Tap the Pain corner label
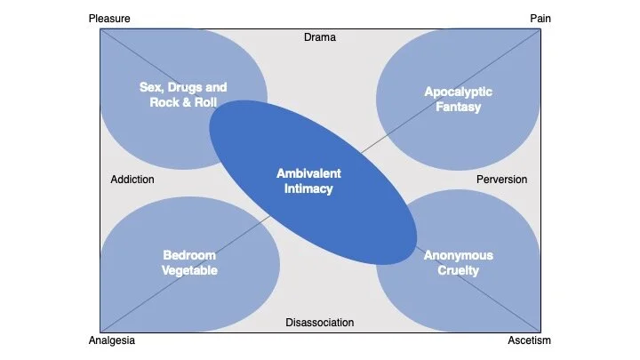click(x=540, y=18)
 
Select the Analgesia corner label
click(x=112, y=340)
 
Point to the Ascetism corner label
click(x=529, y=340)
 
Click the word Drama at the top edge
click(x=320, y=37)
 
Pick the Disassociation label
click(x=320, y=323)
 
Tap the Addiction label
click(x=132, y=180)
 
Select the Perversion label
click(x=501, y=180)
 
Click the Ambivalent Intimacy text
click(x=308, y=180)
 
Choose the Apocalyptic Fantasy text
click(x=458, y=100)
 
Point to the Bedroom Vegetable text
click(x=190, y=263)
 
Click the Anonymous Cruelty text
click(x=458, y=263)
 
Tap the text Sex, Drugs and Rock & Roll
click(x=183, y=94)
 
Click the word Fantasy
click(x=458, y=108)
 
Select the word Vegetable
click(x=190, y=271)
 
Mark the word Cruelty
click(x=458, y=271)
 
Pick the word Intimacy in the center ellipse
click(x=308, y=188)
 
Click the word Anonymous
click(x=458, y=256)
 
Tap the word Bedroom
click(x=190, y=256)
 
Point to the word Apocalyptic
click(x=458, y=92)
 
